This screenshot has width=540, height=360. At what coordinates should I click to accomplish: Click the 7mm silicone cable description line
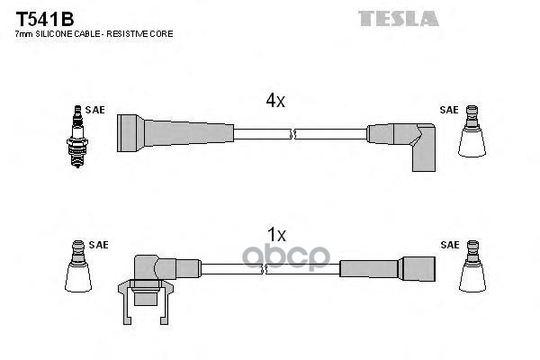(94, 33)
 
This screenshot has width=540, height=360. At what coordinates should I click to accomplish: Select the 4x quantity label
(275, 102)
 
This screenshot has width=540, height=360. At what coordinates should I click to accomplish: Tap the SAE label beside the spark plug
(95, 110)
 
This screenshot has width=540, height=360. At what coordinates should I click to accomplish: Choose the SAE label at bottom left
(98, 245)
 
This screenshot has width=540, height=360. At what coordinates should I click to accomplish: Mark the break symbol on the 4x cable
(292, 135)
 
